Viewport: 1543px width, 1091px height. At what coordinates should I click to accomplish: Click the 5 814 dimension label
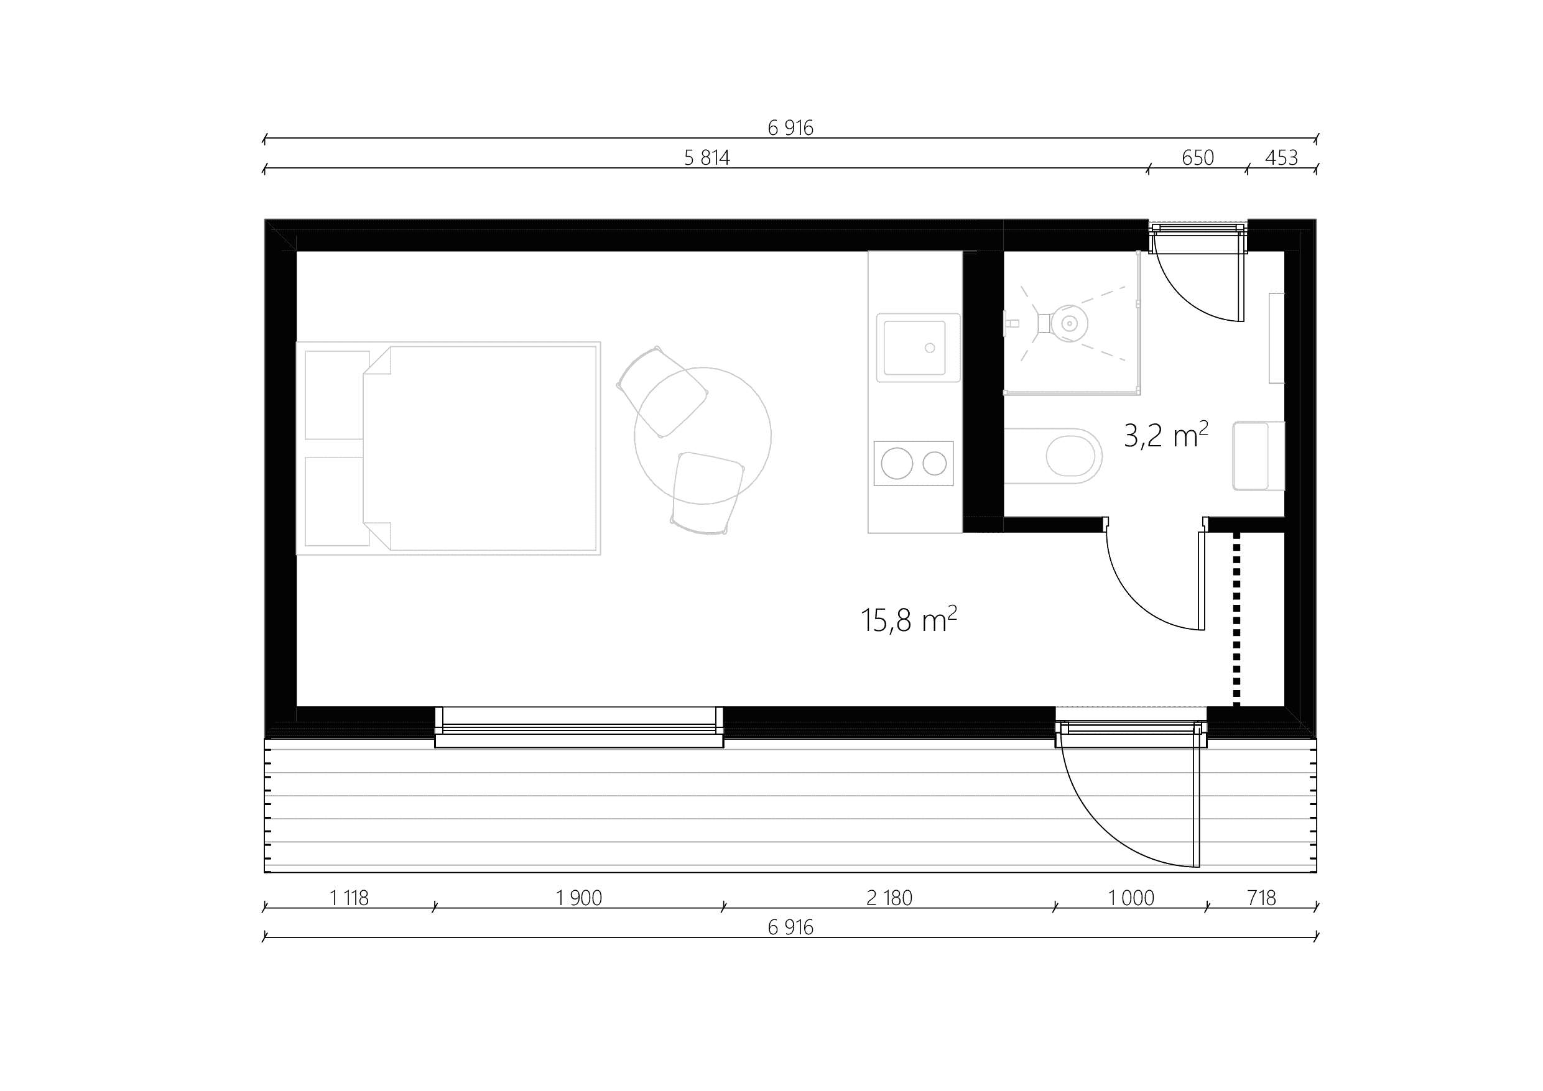[707, 158]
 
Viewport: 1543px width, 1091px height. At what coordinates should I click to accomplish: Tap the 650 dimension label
[1198, 158]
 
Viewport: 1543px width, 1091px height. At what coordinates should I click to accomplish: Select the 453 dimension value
[1281, 158]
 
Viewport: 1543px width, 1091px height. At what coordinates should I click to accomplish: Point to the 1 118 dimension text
[350, 898]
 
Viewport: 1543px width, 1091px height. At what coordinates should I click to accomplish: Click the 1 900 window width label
[578, 898]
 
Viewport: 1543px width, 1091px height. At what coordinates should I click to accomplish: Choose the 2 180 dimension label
[889, 898]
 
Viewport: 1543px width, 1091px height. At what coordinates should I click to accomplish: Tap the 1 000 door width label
[1131, 898]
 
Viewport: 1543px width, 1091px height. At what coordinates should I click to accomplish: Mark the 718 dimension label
[1261, 898]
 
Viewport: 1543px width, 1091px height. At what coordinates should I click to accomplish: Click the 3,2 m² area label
[1166, 435]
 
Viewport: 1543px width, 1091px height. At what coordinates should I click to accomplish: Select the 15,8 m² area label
[909, 620]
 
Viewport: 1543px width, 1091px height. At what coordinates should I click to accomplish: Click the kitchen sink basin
[915, 348]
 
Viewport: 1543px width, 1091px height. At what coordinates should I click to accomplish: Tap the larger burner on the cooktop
[896, 464]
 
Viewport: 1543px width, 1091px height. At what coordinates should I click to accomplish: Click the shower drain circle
[1068, 324]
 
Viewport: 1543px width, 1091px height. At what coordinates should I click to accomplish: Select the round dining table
[702, 435]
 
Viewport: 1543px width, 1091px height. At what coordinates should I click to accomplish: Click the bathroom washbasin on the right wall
[1258, 456]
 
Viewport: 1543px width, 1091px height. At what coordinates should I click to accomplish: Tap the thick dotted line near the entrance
[1236, 619]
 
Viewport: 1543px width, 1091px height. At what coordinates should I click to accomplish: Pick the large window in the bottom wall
[578, 727]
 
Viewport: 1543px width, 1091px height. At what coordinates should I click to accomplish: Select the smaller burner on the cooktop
[934, 464]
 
